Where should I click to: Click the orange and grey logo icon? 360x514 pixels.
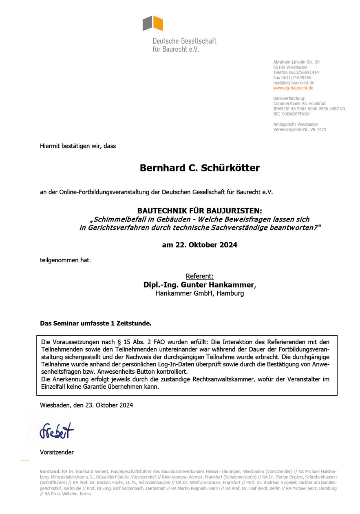[x=153, y=23]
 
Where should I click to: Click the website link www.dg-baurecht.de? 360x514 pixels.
[x=293, y=88]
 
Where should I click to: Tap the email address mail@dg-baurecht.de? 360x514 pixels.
[x=294, y=83]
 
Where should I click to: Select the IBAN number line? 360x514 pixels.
[x=309, y=109]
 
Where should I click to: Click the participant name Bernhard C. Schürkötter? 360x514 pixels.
[x=199, y=168]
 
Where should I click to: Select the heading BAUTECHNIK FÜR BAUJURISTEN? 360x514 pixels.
[x=199, y=211]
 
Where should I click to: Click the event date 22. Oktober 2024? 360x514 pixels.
[x=199, y=245]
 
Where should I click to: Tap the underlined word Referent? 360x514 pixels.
[x=199, y=276]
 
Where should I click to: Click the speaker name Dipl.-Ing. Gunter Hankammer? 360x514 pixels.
[x=199, y=285]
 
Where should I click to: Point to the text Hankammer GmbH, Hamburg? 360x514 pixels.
[x=199, y=293]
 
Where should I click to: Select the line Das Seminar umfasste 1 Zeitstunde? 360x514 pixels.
[x=95, y=323]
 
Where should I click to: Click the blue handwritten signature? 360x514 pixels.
[x=57, y=430]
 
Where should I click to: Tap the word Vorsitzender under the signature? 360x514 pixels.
[x=57, y=452]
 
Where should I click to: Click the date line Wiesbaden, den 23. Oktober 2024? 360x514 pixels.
[x=86, y=405]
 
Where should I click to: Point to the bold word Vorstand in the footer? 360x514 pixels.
[x=50, y=471]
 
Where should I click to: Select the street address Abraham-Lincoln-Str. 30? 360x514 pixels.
[x=296, y=62]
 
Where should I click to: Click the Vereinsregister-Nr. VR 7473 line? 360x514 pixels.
[x=300, y=130]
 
